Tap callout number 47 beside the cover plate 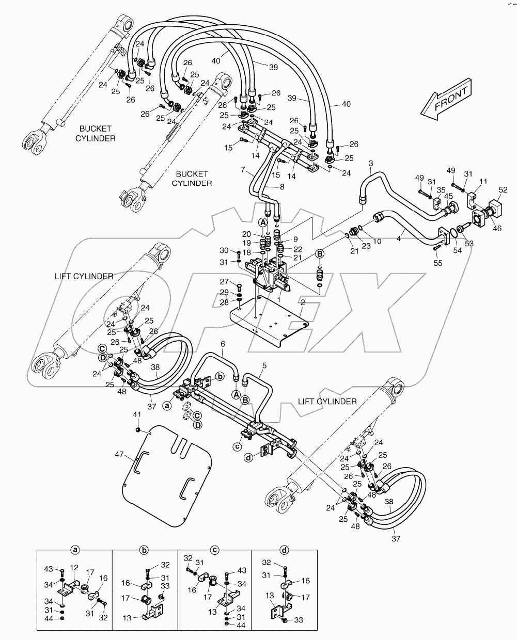[x=120, y=455]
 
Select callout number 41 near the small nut [x=136, y=415]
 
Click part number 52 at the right [x=503, y=190]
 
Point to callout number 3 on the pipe [x=370, y=164]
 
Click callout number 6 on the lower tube [x=223, y=344]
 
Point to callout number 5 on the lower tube [x=264, y=365]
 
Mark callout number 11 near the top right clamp [x=483, y=181]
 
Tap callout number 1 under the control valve [x=279, y=299]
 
